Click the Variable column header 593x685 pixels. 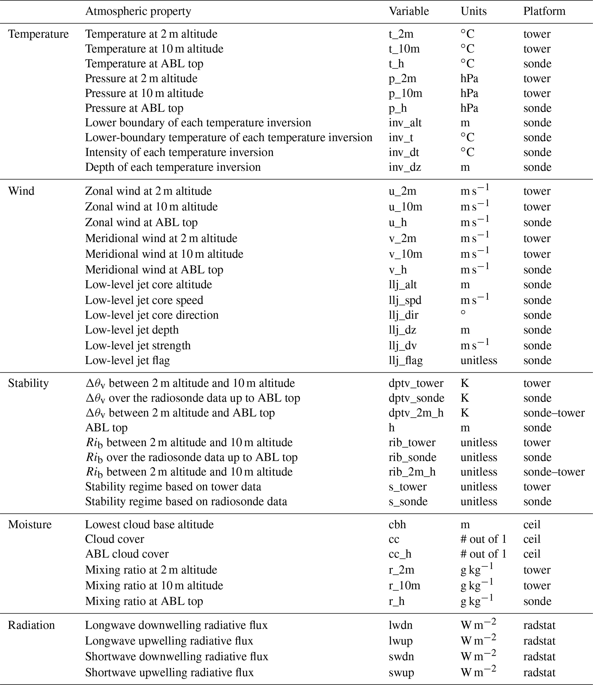coord(409,11)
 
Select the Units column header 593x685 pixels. coord(474,11)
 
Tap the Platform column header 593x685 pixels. coord(544,11)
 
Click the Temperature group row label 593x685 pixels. coord(38,34)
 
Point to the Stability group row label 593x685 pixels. coord(28,383)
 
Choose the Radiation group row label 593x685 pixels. coord(32,625)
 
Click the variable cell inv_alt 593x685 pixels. coord(405,123)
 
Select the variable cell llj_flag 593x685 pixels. coord(406,360)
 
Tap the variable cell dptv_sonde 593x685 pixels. coord(416,398)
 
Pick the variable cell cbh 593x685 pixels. coord(397,525)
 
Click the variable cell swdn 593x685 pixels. coord(401,656)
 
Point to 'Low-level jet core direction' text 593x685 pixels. coord(152,315)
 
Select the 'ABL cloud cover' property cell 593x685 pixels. coord(127,554)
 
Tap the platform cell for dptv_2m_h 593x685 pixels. coord(554,413)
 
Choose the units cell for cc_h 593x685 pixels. coord(483,554)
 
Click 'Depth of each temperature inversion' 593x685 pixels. coord(173,167)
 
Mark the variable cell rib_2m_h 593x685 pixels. coord(412,472)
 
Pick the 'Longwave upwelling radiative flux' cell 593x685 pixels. coord(169,641)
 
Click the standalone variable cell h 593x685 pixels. coord(392,428)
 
